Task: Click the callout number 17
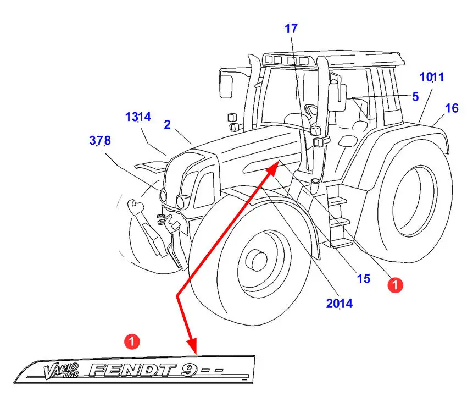[x=291, y=29]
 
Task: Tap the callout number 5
[x=415, y=97]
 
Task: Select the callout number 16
[x=452, y=108]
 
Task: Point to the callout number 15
[x=364, y=278]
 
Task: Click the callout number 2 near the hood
[x=168, y=124]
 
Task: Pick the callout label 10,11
[x=432, y=78]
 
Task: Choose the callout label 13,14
[x=138, y=117]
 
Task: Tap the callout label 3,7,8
[x=100, y=141]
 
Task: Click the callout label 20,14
[x=340, y=304]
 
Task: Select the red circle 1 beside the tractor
[x=395, y=285]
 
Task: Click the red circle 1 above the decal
[x=132, y=342]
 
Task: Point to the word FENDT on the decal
[x=133, y=370]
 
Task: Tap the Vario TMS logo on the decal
[x=62, y=371]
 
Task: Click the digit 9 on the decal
[x=189, y=370]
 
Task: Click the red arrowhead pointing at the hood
[x=272, y=168]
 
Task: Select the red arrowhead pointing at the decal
[x=192, y=346]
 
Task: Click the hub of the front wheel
[x=257, y=260]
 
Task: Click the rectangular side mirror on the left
[x=226, y=87]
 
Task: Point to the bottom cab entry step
[x=342, y=242]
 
